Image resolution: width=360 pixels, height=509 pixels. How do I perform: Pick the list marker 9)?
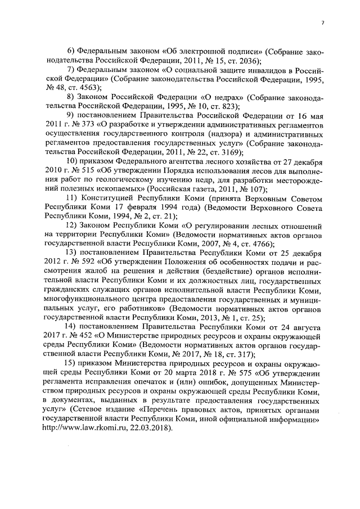coord(71,116)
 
